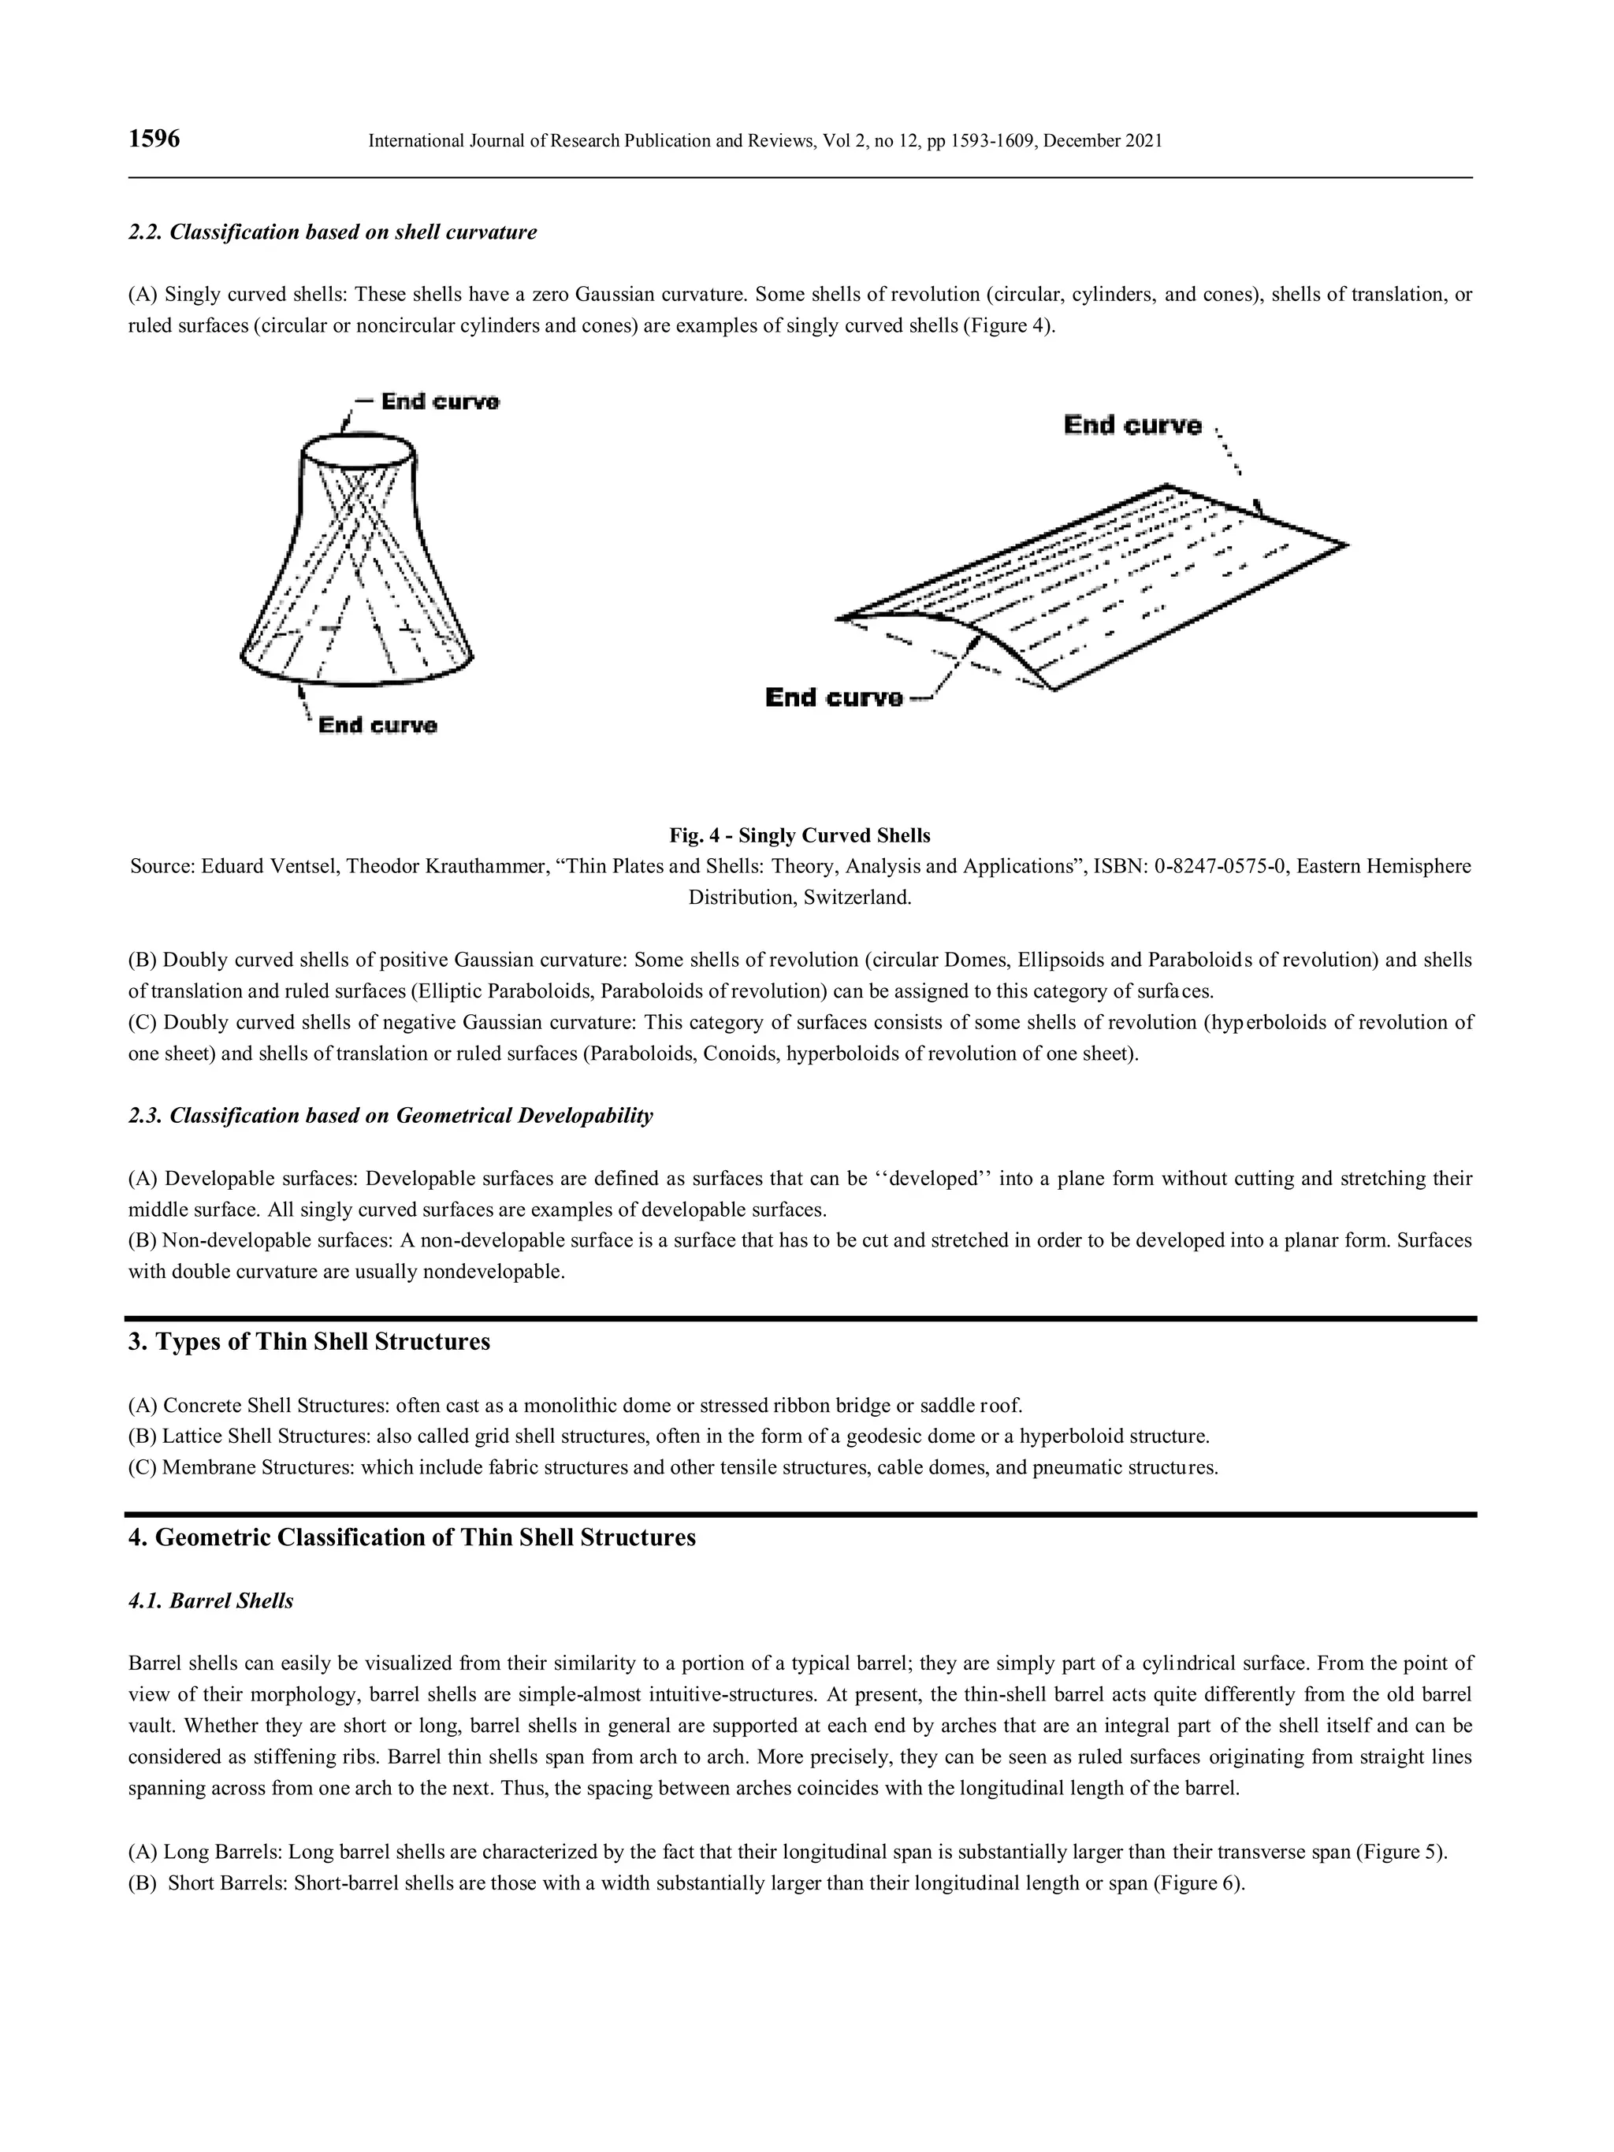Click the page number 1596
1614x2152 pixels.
[154, 139]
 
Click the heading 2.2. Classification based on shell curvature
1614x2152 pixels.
[332, 232]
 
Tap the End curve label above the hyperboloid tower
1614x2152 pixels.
[439, 401]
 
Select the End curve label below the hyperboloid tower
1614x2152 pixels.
[377, 725]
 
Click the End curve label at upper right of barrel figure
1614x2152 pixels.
[1132, 426]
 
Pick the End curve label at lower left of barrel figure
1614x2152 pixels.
[834, 697]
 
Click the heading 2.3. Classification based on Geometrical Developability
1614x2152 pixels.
[390, 1115]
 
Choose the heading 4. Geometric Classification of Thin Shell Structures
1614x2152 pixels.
[411, 1537]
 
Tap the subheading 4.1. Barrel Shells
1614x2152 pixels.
[210, 1601]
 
